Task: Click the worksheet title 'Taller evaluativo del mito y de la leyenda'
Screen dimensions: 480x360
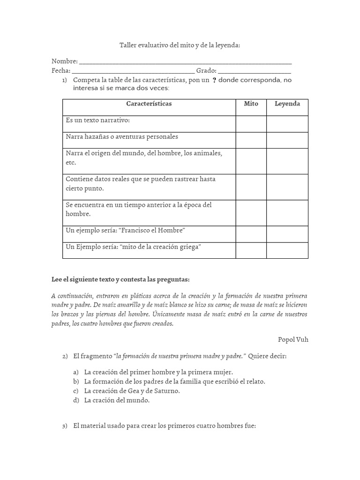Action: coord(180,45)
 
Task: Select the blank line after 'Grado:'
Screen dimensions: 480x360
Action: coord(255,71)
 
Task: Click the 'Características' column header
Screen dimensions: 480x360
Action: coord(149,104)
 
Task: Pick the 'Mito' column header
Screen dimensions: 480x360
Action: coord(251,104)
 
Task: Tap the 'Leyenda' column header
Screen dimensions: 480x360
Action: coord(287,104)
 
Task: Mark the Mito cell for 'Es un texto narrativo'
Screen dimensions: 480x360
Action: coord(251,124)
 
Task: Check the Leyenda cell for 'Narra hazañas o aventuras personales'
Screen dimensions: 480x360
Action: coord(287,140)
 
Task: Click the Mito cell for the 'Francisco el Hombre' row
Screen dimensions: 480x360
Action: coord(251,234)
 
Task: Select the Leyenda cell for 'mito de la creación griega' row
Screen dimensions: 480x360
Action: coord(287,250)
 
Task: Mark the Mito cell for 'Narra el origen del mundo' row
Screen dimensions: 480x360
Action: coord(251,161)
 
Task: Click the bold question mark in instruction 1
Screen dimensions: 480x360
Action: coord(214,81)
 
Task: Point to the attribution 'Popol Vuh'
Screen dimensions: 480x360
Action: coord(293,339)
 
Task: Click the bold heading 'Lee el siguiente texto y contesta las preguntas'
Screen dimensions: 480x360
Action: coord(120,279)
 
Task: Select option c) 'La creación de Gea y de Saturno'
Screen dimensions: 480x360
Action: coord(132,390)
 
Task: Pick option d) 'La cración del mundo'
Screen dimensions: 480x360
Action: coord(117,400)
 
